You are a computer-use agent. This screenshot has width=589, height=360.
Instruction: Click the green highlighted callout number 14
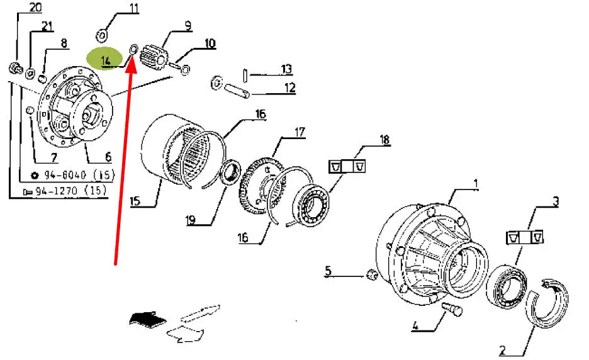click(106, 60)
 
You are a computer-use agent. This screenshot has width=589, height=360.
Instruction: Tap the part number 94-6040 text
click(65, 175)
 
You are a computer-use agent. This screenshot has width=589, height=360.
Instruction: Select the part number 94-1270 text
click(57, 191)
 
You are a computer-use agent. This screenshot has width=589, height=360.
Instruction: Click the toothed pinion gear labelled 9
click(154, 59)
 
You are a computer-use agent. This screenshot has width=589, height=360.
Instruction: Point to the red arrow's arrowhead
click(131, 67)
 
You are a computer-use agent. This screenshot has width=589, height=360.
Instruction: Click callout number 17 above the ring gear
click(300, 132)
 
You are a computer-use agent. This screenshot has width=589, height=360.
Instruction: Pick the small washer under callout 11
click(102, 36)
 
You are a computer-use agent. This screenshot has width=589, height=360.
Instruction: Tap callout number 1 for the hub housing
click(476, 184)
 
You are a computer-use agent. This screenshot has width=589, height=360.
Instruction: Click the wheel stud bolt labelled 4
click(452, 309)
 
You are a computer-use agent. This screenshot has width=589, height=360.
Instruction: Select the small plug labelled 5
click(371, 274)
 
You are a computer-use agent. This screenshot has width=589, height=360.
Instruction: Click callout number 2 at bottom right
click(503, 350)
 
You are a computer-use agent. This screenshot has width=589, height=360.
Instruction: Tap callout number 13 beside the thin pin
click(286, 69)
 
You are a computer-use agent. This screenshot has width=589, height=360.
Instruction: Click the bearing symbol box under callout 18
click(347, 166)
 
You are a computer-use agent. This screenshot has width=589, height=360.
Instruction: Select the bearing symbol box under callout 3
click(525, 237)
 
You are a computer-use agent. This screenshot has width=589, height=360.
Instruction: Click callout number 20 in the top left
click(36, 8)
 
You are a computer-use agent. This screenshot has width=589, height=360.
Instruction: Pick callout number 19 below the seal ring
click(191, 220)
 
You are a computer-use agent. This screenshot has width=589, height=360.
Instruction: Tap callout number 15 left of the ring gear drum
click(135, 201)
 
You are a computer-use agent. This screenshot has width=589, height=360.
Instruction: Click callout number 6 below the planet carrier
click(108, 156)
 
